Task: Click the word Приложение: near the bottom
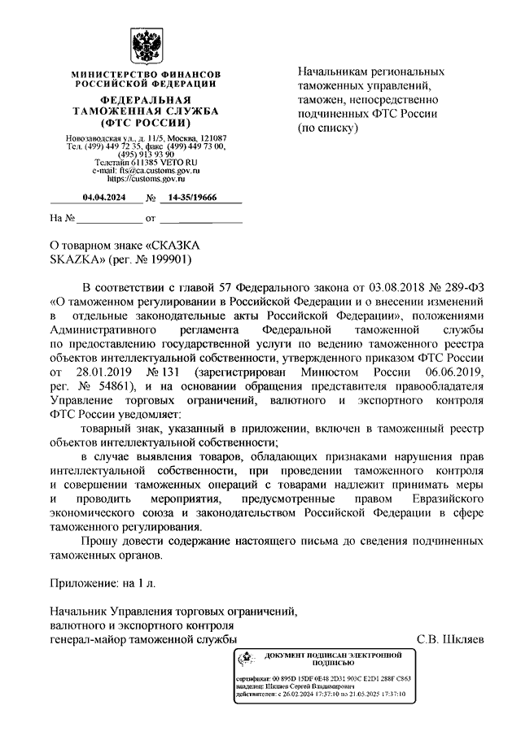point(83,584)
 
